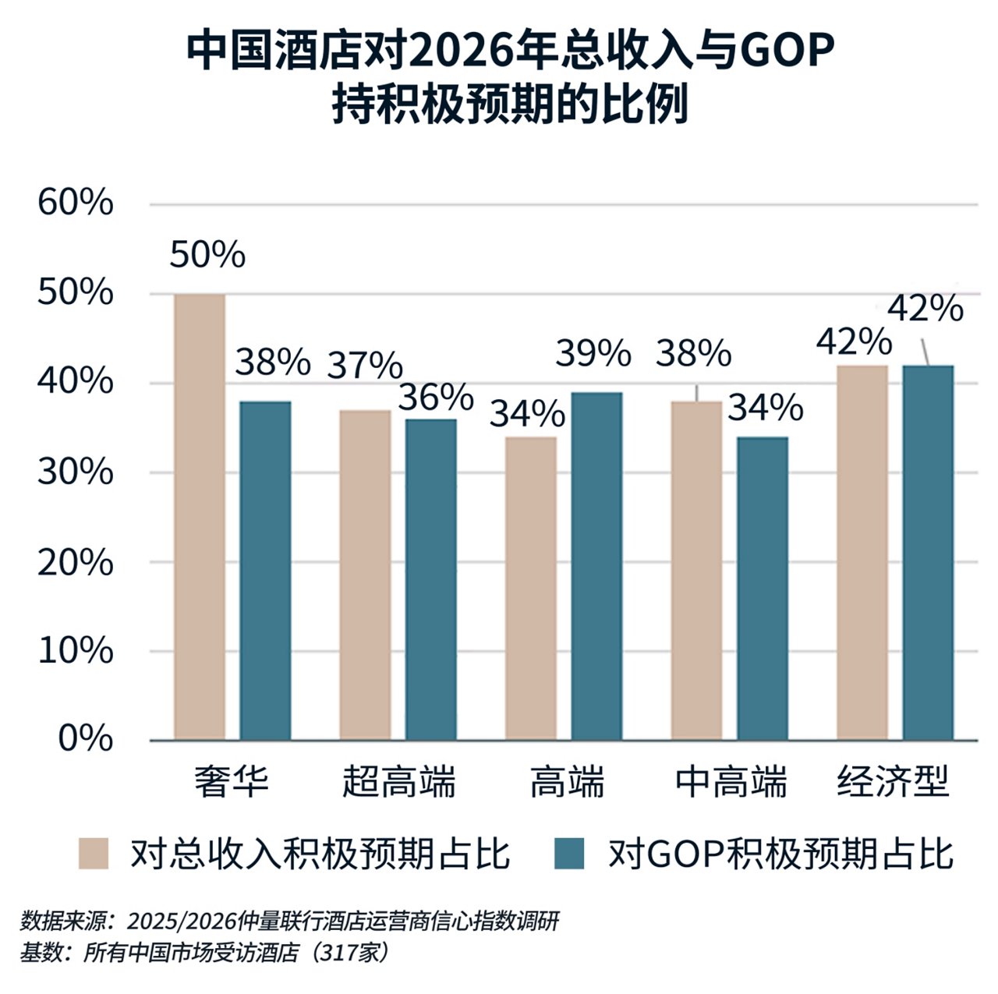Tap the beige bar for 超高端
coord(365,575)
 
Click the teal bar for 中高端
coord(762,588)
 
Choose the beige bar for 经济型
coord(862,552)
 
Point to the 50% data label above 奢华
coord(207,255)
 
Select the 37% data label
coord(364,364)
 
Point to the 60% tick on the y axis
coord(76,203)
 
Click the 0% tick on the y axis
coord(86,738)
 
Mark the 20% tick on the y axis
coord(76,561)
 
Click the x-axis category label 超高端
coord(398,782)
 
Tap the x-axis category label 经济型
coord(894,782)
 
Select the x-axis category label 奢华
coord(232,782)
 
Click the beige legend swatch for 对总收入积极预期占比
coord(94,853)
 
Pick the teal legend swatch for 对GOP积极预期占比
coord(568,853)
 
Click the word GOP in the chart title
coord(785,51)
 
